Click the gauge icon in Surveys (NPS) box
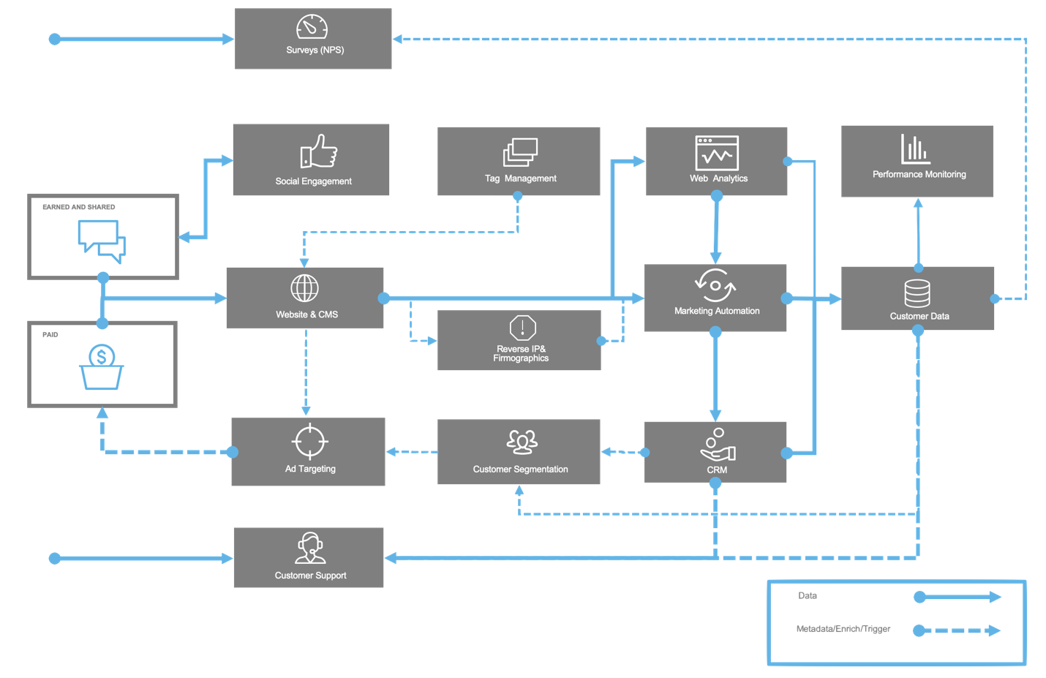pos(312,27)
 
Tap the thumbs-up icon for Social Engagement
pos(319,151)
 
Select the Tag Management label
pos(520,178)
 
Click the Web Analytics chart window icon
pos(717,153)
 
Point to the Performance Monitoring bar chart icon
pos(915,149)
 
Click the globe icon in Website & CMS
pos(304,288)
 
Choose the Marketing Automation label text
pos(717,311)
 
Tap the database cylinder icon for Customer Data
pos(917,293)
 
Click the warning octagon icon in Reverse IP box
pos(522,328)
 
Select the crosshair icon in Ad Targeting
pos(309,441)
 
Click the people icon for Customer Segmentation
pos(522,442)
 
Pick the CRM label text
pos(717,470)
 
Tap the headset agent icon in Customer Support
pos(310,548)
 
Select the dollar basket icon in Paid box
pos(102,367)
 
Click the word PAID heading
pos(50,335)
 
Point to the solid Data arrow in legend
pos(957,597)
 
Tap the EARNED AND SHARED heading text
pos(78,207)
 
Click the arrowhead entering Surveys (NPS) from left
pos(228,39)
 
